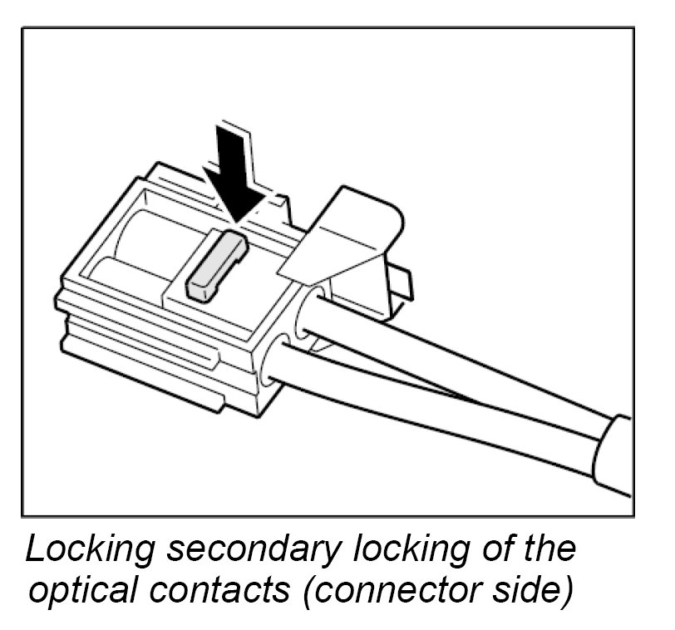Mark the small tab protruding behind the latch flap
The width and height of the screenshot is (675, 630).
401,283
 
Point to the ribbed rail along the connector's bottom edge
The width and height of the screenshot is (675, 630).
141,366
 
